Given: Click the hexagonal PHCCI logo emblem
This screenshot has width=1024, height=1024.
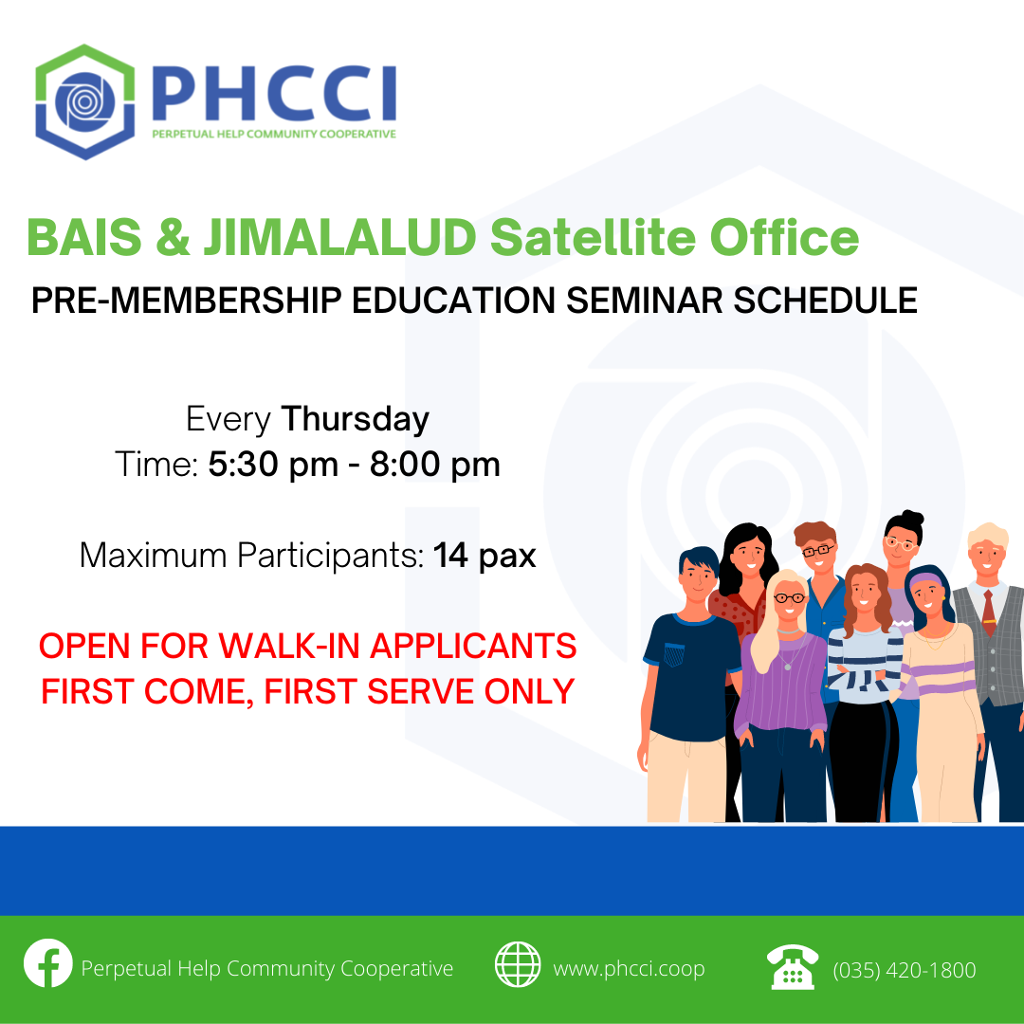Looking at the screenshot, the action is click(x=85, y=101).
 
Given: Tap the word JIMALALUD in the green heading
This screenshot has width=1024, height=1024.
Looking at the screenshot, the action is click(x=339, y=236).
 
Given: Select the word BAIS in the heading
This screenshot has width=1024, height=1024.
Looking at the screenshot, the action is click(x=83, y=236).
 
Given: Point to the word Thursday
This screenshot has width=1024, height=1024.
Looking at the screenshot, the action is click(x=356, y=419).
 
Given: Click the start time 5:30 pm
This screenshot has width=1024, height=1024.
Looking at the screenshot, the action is click(x=273, y=465).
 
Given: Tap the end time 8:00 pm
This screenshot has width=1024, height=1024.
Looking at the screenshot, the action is click(x=435, y=465).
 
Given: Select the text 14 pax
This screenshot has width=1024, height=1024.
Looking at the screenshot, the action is click(x=485, y=556).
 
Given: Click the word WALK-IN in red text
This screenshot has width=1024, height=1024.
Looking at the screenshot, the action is click(x=289, y=646).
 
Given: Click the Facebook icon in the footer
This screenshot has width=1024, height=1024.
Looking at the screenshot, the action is click(x=48, y=963).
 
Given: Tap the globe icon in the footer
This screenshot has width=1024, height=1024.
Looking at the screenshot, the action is click(x=518, y=964).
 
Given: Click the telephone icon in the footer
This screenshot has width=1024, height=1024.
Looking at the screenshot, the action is click(x=792, y=966).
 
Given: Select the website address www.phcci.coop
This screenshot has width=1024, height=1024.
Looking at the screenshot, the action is click(x=629, y=968).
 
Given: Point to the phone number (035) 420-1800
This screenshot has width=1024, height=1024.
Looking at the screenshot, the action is click(x=905, y=970).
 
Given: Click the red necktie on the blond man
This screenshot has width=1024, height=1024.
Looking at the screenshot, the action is click(x=989, y=613).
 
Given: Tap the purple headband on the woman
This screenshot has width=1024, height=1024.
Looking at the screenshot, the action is click(x=924, y=579).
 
